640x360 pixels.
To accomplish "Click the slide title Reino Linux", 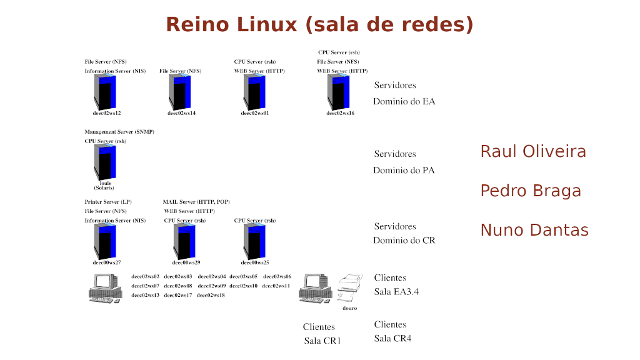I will click(x=319, y=24).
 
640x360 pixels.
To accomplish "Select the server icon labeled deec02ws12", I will click(x=106, y=92).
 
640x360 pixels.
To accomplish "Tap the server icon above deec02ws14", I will click(x=180, y=92).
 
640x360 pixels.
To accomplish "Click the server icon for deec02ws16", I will click(x=339, y=92).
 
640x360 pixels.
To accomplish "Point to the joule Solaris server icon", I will click(x=105, y=162).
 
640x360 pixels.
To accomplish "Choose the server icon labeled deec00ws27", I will click(x=106, y=241).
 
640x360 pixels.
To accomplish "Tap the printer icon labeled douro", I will click(x=349, y=288).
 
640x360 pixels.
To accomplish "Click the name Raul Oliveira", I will click(x=533, y=152).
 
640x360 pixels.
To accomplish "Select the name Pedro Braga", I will click(x=531, y=191).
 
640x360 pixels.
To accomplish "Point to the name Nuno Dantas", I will click(x=534, y=231).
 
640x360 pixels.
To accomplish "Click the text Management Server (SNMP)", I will click(x=119, y=132).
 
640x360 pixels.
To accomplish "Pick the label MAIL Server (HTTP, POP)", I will click(x=196, y=202).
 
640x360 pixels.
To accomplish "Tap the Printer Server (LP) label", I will click(x=108, y=202).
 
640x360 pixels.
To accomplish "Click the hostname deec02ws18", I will click(x=211, y=295).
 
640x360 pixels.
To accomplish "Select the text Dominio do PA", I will click(x=404, y=170).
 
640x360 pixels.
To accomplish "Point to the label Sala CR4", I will click(x=392, y=339).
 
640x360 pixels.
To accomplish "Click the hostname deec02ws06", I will click(x=277, y=276).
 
